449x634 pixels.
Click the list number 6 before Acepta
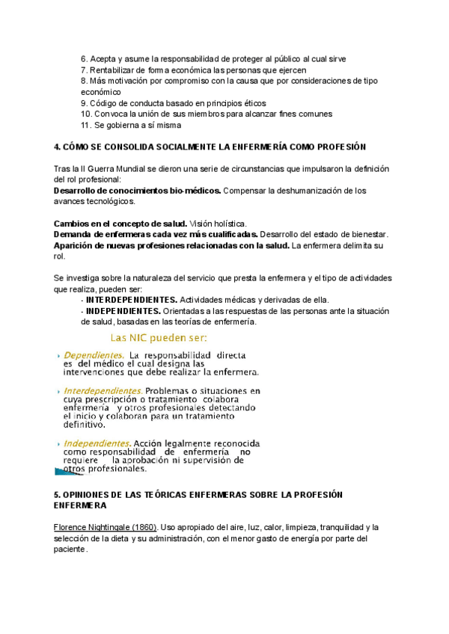[x=83, y=58]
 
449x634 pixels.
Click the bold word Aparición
[x=76, y=245]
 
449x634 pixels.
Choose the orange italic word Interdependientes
[x=103, y=390]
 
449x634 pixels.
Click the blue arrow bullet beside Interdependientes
[x=58, y=391]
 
